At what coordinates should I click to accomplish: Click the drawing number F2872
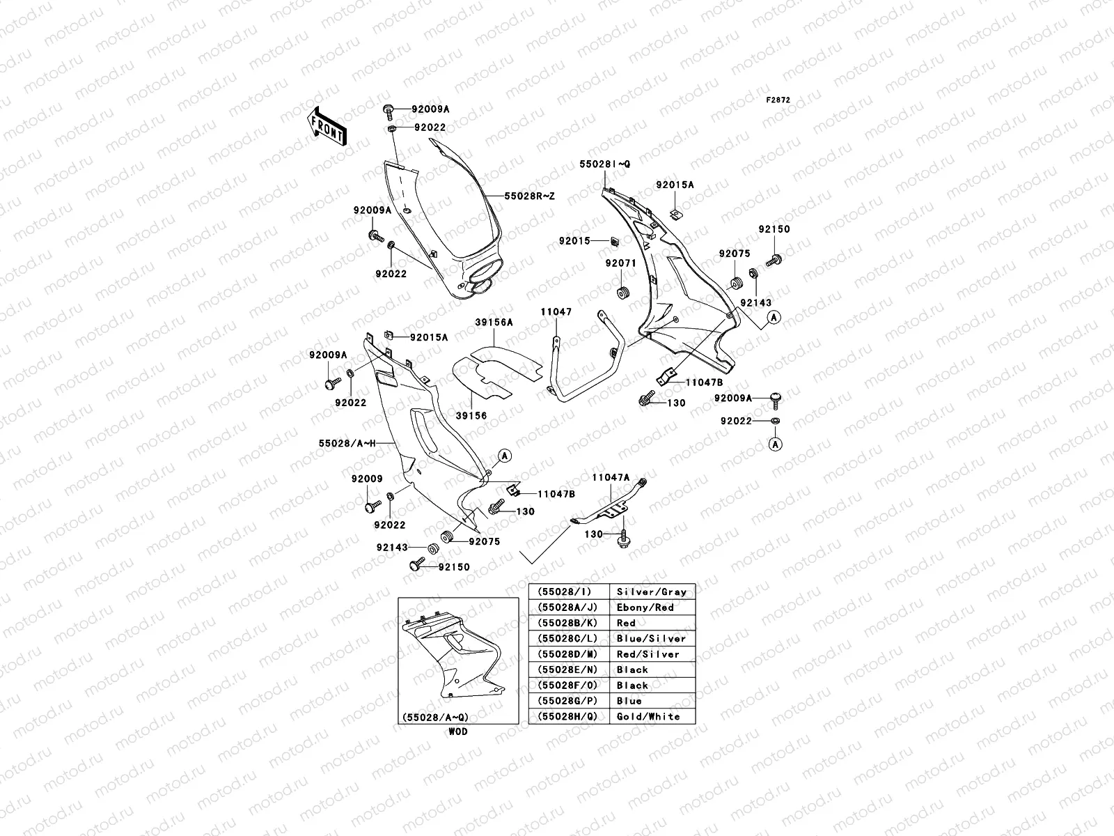click(778, 100)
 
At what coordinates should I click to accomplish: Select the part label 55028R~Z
click(530, 196)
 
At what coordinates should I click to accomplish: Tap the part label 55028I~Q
click(604, 164)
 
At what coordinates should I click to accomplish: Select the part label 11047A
click(611, 477)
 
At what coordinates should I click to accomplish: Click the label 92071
click(620, 263)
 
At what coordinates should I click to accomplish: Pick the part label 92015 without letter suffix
click(574, 241)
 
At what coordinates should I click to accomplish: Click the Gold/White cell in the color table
click(648, 716)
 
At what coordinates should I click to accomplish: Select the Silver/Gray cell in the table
click(652, 592)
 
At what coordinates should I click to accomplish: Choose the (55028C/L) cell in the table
click(568, 639)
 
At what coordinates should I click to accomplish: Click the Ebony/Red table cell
click(645, 607)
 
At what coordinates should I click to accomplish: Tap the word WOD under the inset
click(458, 731)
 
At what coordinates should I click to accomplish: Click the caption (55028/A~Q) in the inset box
click(434, 718)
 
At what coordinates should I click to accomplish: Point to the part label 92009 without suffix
click(367, 479)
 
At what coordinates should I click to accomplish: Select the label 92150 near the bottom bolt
click(454, 567)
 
